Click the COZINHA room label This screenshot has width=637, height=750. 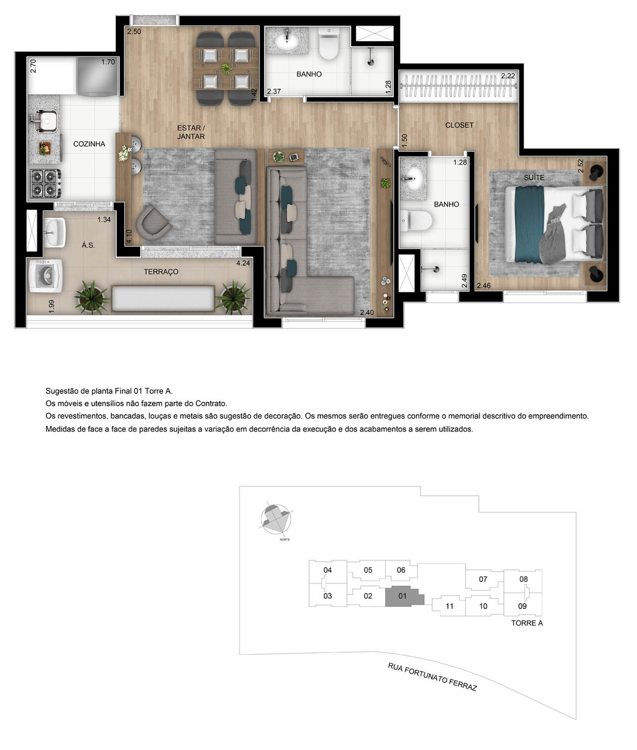click(89, 144)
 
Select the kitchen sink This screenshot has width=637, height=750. click(44, 121)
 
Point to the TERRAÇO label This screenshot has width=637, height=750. click(161, 272)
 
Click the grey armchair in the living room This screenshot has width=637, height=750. click(152, 223)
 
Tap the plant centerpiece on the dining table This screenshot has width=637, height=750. click(225, 68)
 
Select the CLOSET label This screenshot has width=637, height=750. click(459, 125)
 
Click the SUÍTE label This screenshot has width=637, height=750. click(534, 177)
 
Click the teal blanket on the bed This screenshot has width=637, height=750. click(529, 223)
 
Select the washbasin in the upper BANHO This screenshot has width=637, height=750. click(288, 42)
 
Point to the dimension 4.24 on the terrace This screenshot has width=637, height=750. click(243, 263)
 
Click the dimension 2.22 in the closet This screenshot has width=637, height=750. click(508, 76)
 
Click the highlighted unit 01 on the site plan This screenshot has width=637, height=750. click(402, 596)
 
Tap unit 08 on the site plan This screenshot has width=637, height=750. click(523, 579)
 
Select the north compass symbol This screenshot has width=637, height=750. click(276, 518)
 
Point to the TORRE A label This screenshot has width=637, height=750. click(527, 623)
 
